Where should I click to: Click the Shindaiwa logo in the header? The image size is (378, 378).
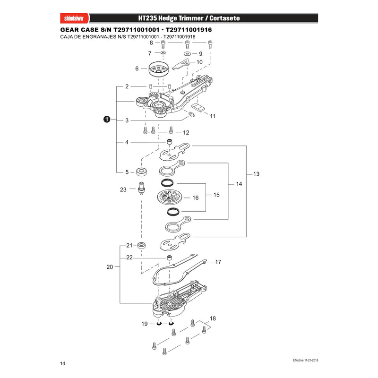tap(74, 18)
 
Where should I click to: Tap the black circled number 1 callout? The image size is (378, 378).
tap(107, 119)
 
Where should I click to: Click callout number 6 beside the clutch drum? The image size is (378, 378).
tap(137, 69)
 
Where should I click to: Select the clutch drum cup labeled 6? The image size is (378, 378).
tap(158, 69)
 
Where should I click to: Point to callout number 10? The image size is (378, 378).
tap(199, 62)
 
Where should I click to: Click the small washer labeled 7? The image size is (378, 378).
tap(163, 52)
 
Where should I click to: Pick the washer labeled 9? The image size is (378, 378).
tap(187, 53)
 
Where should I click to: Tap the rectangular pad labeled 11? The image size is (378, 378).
tap(198, 107)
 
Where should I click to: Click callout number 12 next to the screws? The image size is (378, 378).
tap(186, 132)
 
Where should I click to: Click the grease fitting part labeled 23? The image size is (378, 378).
tap(141, 188)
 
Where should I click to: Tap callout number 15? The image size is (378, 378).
tap(216, 195)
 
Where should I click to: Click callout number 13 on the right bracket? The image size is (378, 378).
tap(256, 174)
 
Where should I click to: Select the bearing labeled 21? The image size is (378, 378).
tap(141, 246)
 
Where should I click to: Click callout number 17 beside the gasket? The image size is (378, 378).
tap(218, 262)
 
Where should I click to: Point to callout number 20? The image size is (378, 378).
tap(110, 267)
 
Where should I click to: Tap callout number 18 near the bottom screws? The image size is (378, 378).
tap(213, 318)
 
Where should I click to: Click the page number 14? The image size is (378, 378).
tap(63, 363)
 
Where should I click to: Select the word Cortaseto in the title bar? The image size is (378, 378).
tap(224, 18)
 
